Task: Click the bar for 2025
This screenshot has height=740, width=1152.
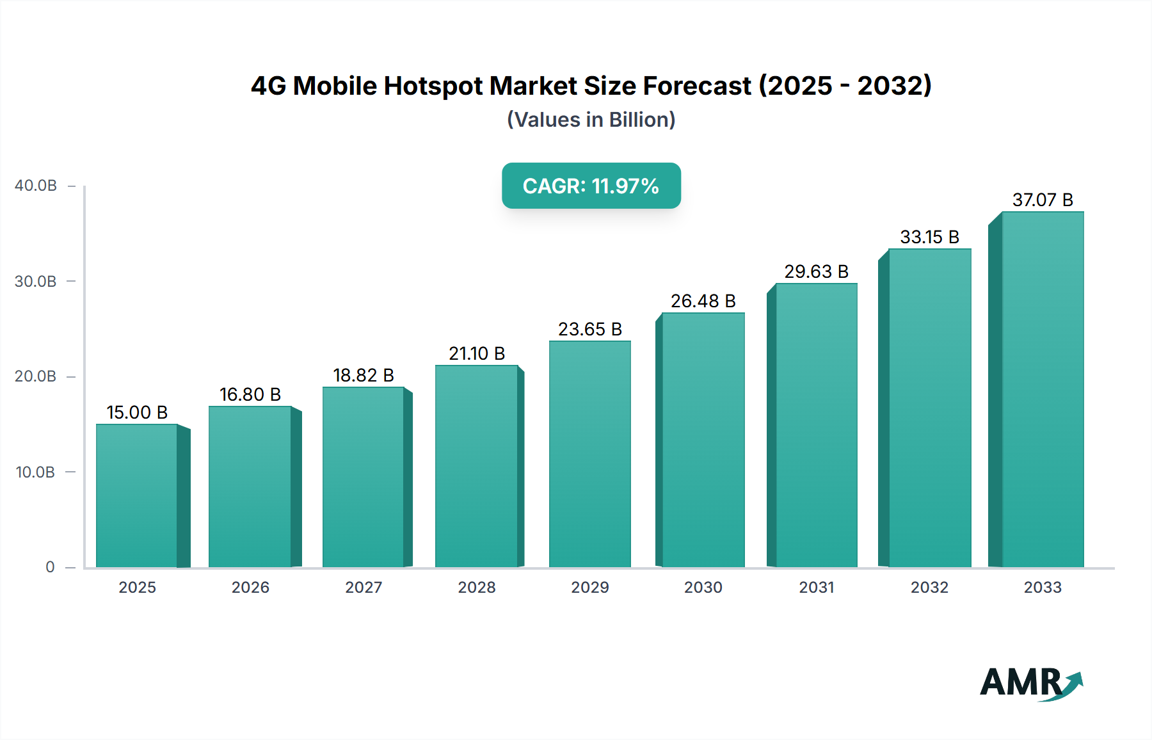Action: click(137, 495)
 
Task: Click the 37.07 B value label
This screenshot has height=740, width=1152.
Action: click(1042, 200)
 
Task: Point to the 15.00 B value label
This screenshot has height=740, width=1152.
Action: click(137, 412)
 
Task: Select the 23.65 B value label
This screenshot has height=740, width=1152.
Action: click(589, 329)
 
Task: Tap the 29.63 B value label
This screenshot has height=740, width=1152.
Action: click(816, 271)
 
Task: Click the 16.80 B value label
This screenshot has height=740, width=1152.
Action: click(250, 394)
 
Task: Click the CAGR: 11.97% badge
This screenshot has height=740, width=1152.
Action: click(591, 186)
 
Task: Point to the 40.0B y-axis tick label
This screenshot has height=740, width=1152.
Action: click(36, 186)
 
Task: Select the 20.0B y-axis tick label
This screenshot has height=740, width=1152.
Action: click(36, 376)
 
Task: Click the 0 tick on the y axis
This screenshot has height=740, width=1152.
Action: click(50, 567)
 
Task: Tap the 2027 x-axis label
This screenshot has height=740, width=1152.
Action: click(364, 587)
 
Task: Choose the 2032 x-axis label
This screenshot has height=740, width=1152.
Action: click(929, 587)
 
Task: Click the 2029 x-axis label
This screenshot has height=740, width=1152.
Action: click(589, 587)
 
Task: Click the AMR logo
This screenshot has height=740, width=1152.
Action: click(1030, 683)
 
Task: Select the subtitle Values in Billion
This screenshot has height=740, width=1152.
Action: click(591, 120)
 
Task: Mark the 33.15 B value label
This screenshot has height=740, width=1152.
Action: click(929, 237)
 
